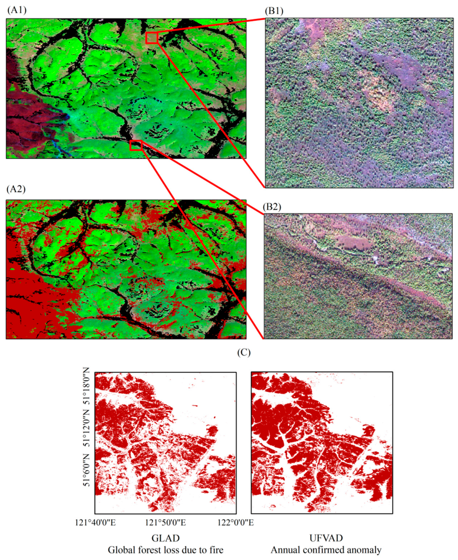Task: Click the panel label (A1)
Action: pos(17,10)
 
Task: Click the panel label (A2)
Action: pos(16,189)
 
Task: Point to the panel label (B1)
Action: pos(274,11)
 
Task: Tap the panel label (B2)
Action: pos(272,207)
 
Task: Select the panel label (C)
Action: pos(244,353)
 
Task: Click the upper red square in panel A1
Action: pos(151,38)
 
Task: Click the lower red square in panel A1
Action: pos(136,146)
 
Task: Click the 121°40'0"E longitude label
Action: pos(96,522)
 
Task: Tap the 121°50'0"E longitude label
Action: pos(165,522)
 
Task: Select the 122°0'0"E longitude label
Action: pos(236,522)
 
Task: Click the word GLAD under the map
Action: pos(165,538)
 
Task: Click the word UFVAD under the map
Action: pos(326,538)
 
